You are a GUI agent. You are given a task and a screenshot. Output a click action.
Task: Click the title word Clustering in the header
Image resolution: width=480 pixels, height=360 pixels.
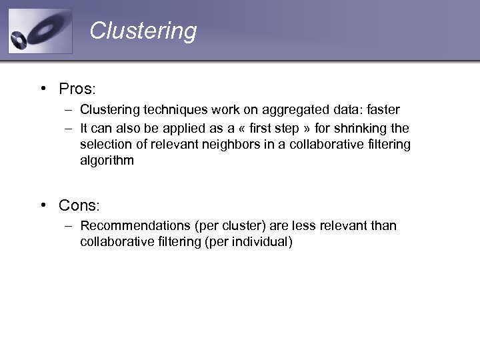143,31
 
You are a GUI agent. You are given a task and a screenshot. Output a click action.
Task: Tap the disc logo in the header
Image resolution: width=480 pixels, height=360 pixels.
40,31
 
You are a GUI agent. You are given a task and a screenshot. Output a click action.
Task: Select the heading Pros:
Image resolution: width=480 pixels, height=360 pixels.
77,89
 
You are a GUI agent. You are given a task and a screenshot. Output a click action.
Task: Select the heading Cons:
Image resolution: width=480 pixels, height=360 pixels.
79,205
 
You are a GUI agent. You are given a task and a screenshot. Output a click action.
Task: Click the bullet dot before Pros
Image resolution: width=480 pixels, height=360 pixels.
42,89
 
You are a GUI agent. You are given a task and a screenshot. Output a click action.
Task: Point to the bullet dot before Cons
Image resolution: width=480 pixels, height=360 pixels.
42,205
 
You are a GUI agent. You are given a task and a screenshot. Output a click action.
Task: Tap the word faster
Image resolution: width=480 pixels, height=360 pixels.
379,110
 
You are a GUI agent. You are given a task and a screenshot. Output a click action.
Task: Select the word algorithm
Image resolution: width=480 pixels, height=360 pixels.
107,161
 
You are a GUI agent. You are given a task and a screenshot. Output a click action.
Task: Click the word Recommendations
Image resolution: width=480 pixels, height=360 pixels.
131,226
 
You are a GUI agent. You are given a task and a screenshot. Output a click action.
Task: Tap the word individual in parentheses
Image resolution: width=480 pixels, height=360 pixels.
261,242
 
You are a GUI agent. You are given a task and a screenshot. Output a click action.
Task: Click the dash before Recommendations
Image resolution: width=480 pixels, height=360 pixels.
69,226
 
